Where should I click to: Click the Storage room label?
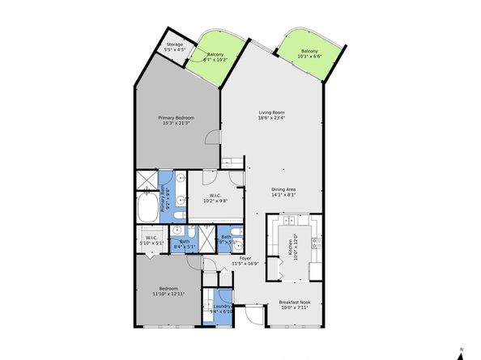point(176,45)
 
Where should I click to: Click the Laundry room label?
point(220,306)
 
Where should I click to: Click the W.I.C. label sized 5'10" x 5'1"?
point(153,243)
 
